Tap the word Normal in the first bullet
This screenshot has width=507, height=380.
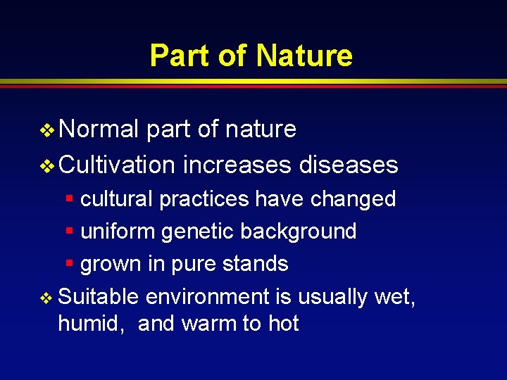pos(99,129)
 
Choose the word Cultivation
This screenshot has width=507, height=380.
pos(117,165)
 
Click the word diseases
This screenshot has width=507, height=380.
pos(349,165)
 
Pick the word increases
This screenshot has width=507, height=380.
pos(237,165)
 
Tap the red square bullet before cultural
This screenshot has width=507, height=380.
pos(69,198)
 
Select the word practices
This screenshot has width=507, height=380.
pos(204,199)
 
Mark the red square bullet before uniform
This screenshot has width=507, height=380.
pos(69,231)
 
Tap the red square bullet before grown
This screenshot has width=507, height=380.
pos(69,263)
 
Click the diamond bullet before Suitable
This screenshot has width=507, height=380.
pos(46,298)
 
